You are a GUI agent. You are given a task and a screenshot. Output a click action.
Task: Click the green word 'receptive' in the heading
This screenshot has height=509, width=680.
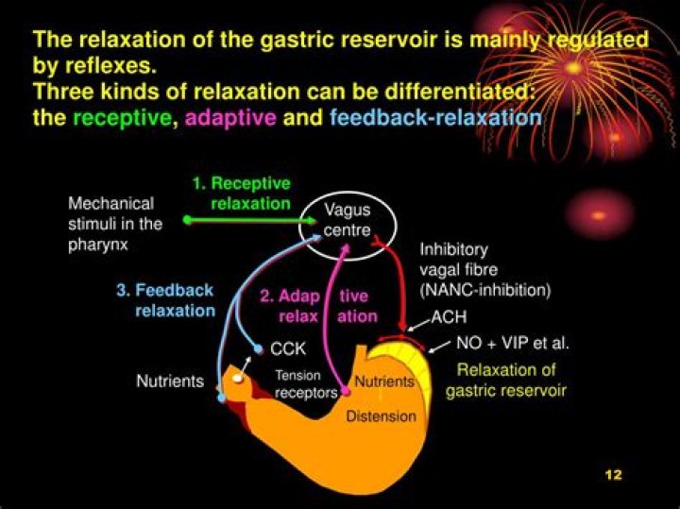(x=122, y=119)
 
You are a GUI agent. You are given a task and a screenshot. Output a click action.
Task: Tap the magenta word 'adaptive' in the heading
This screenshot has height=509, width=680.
(x=230, y=119)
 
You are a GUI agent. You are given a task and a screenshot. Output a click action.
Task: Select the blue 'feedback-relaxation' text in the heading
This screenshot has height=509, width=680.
(x=435, y=119)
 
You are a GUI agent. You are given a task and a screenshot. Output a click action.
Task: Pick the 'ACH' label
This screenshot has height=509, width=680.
(x=448, y=318)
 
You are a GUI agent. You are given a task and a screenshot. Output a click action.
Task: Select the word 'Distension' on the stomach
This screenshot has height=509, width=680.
(x=381, y=416)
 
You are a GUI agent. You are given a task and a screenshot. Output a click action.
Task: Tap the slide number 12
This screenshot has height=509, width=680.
(x=613, y=474)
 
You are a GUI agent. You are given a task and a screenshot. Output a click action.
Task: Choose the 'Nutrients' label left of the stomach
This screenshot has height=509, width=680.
(x=170, y=382)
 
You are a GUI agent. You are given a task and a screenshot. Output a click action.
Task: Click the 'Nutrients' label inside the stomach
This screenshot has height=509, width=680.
(x=384, y=382)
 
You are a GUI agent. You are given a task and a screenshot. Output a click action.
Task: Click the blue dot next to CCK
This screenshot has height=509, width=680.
(x=259, y=348)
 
